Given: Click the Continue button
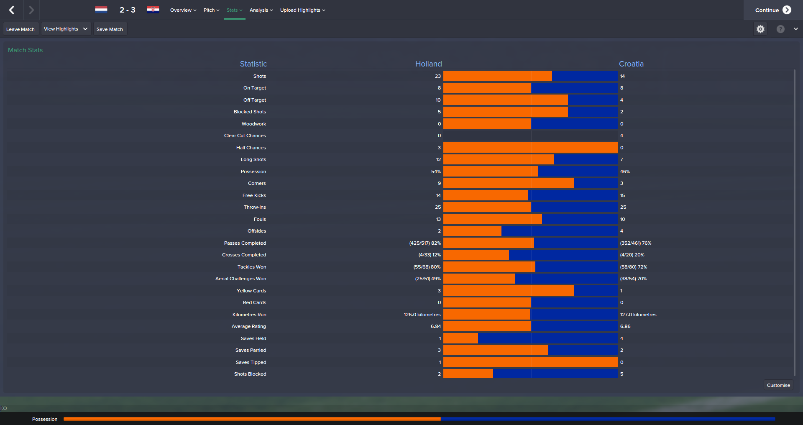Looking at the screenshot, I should [772, 10].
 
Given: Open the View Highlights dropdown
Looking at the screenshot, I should [66, 29].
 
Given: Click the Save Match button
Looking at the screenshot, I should [110, 29].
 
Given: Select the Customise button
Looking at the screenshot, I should [778, 385].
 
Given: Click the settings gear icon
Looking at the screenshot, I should [760, 29].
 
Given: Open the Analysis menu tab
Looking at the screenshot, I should [261, 10].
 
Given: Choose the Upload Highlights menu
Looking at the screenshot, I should [302, 10].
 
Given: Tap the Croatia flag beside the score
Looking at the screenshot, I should [153, 10].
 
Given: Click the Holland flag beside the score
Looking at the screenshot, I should [101, 10].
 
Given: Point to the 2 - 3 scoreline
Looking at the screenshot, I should [127, 10].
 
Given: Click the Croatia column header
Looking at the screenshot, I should [631, 64].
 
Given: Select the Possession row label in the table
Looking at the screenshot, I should [253, 172].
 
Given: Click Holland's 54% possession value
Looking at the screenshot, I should [436, 172].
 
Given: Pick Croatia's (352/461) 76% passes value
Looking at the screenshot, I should [635, 243].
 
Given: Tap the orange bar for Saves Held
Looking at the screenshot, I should [460, 338].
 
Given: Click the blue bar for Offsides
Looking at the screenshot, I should [559, 231].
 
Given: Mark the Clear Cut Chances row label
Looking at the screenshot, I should [245, 136].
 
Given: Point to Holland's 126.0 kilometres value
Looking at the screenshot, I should [422, 315].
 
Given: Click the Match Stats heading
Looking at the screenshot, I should [26, 50].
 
